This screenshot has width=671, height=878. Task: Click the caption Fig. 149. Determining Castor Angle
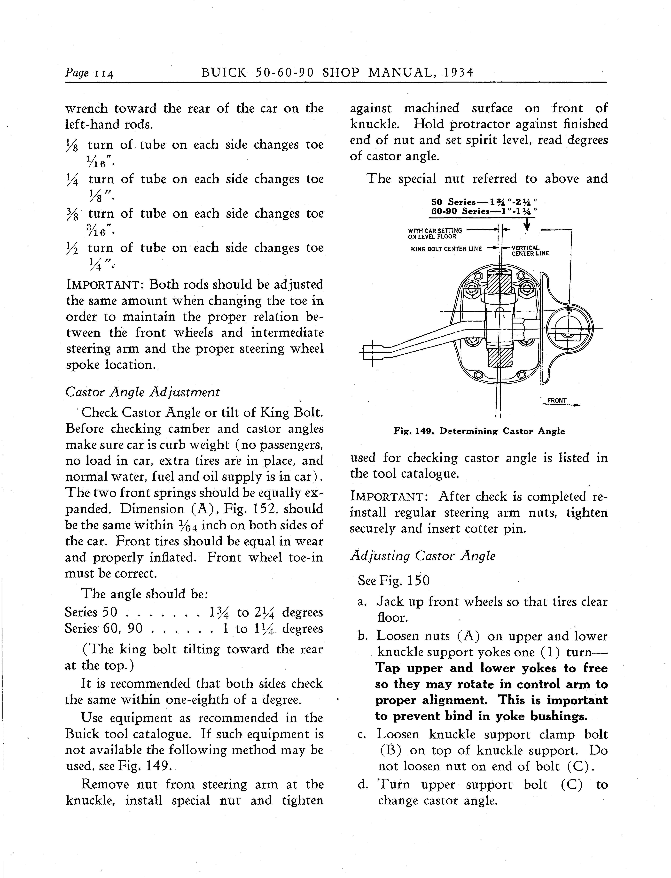[x=479, y=431]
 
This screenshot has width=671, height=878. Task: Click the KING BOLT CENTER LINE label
[x=446, y=249]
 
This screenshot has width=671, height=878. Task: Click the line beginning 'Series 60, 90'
[x=194, y=629]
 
